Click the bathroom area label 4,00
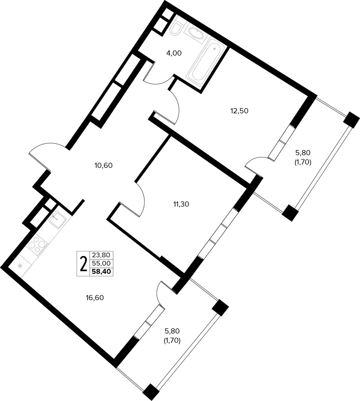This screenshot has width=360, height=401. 174,53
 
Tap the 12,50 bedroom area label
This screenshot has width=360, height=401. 239,111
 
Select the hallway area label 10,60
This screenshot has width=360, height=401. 103,165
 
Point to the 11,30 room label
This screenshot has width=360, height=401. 181,204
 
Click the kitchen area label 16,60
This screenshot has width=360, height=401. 95,298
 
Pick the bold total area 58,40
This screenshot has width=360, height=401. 101,272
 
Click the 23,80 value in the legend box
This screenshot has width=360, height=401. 101,255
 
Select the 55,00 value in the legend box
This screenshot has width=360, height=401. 101,263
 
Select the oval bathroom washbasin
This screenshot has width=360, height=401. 195,34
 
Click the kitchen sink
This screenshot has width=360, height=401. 57,218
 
